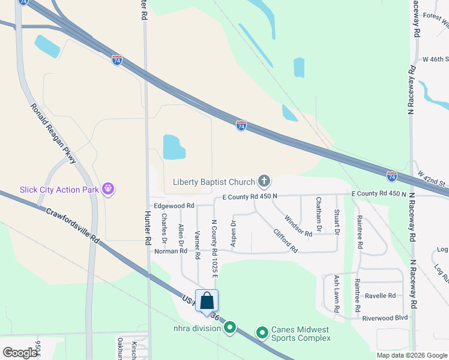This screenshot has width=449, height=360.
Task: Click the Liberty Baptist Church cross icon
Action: point(264,181)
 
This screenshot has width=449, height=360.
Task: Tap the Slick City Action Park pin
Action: point(108,189)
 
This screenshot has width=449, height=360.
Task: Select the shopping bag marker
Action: point(206,301)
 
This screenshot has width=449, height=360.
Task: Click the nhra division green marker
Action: point(229,328)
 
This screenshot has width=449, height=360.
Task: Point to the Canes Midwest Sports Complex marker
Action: point(262,332)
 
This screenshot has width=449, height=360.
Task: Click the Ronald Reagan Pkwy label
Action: point(54,133)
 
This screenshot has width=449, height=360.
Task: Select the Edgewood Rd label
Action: point(174,205)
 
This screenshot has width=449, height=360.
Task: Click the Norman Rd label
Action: point(170,251)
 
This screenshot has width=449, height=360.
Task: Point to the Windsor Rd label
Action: point(298,226)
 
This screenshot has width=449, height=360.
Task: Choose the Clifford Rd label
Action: point(285,240)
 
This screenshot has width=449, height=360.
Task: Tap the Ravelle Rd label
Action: point(381,296)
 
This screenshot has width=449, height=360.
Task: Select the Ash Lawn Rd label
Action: point(337,293)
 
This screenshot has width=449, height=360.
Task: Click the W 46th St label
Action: point(436,59)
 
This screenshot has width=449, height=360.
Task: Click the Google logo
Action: point(20,352)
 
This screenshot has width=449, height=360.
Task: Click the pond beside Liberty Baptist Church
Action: point(174,147)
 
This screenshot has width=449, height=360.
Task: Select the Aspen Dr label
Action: point(234,232)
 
